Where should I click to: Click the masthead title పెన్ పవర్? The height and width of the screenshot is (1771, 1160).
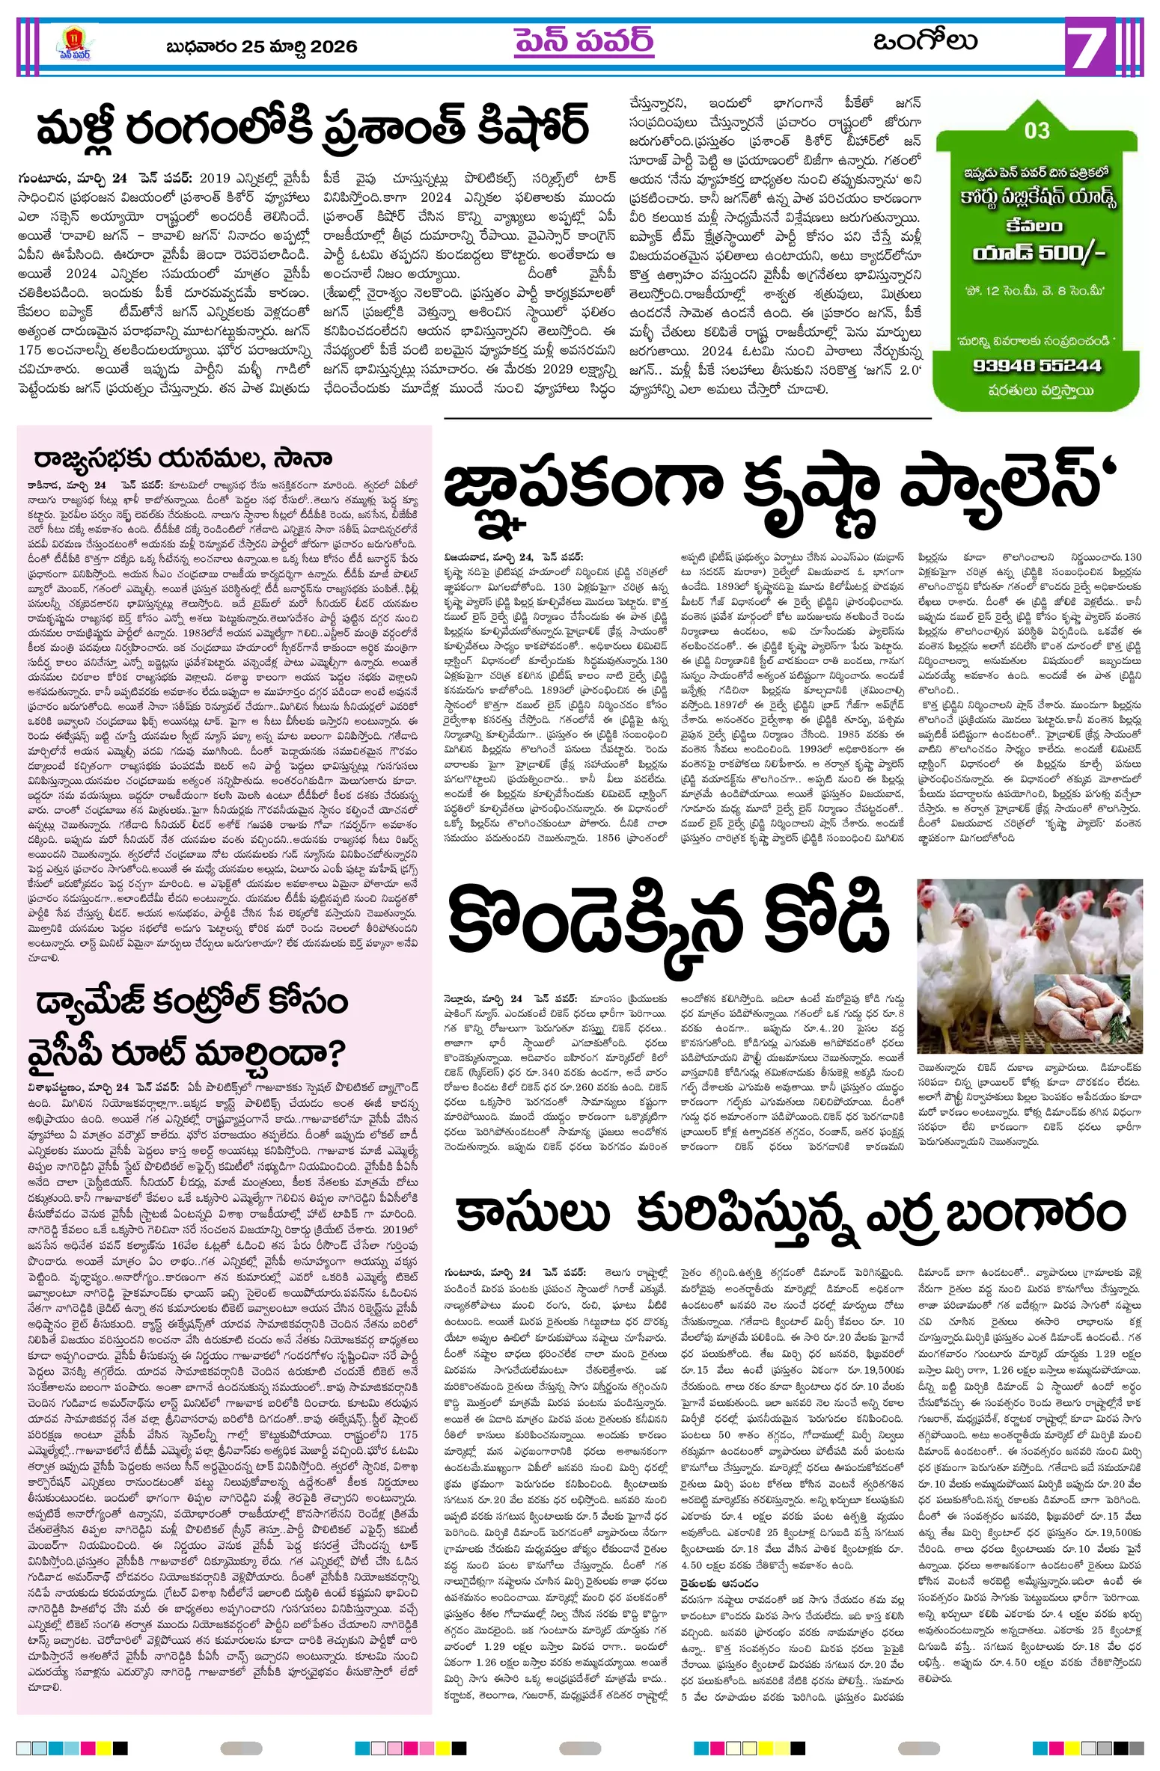pos(584,42)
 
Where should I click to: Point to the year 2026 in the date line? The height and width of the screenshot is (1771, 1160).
pos(334,47)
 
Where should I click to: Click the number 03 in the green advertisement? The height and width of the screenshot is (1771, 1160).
pos(1037,131)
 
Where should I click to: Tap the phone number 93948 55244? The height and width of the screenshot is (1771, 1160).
pos(1037,366)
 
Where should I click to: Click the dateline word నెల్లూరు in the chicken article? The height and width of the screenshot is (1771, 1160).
pos(467,998)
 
